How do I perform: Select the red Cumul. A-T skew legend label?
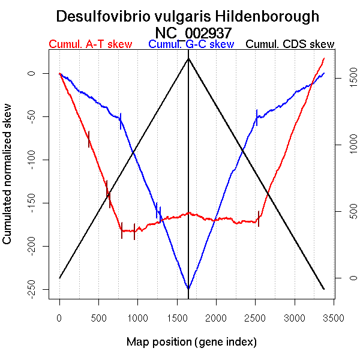coord(91,44)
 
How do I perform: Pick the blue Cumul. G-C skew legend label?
coord(191,44)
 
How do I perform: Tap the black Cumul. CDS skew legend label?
coord(290,44)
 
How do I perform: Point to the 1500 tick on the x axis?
coord(177,305)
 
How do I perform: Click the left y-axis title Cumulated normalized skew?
coord(8,181)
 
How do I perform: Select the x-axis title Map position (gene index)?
coord(191,342)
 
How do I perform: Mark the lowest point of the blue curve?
coord(188,289)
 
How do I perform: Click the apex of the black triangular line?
coord(188,58)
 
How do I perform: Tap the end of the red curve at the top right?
coord(324,58)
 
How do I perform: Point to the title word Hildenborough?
coord(259,17)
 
